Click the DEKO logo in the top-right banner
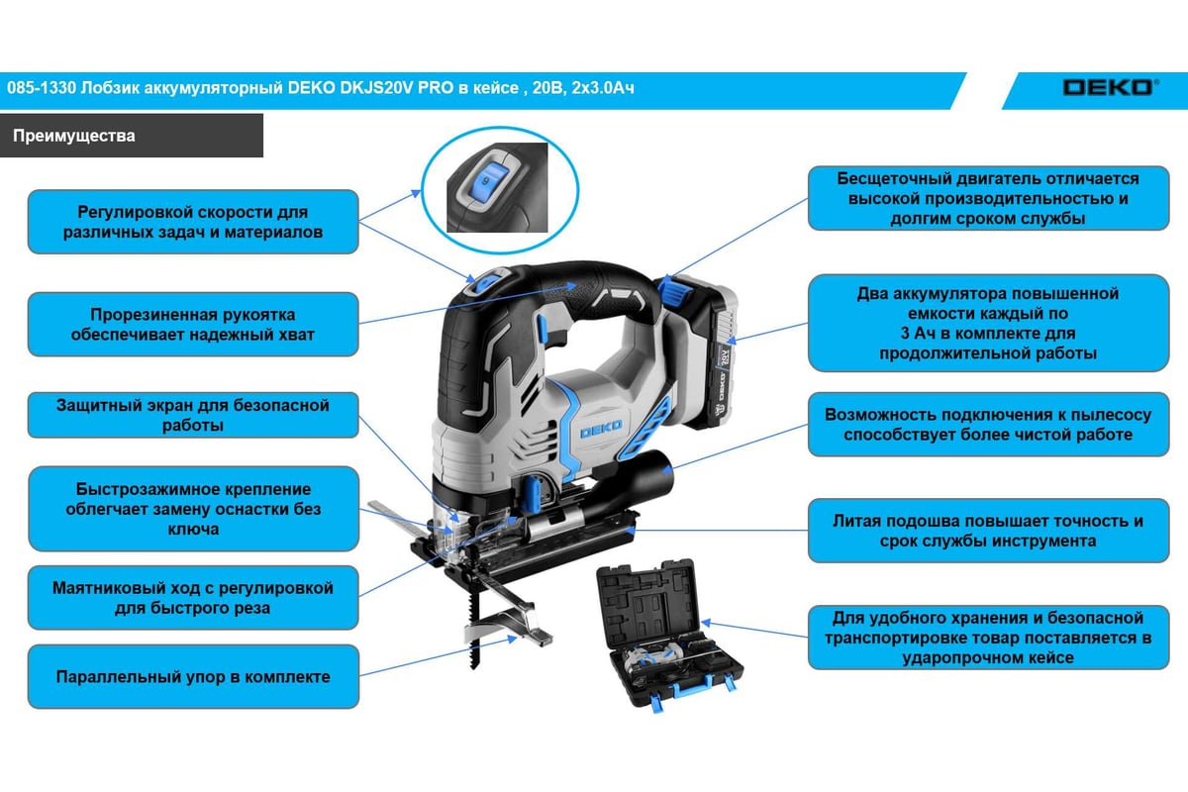(1110, 87)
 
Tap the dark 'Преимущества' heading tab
(132, 136)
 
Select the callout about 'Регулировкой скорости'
(193, 222)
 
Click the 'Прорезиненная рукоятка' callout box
(193, 324)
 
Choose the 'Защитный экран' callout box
(193, 415)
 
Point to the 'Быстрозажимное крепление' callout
(193, 509)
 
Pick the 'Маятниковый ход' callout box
(193, 597)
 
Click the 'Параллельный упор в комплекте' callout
(193, 676)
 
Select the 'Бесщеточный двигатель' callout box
(989, 198)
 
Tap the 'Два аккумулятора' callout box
(989, 323)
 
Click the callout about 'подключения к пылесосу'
(989, 425)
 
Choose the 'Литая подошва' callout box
(989, 531)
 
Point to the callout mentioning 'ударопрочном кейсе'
(989, 638)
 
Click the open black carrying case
(669, 633)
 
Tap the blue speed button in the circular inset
(486, 181)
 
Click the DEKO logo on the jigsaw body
(601, 429)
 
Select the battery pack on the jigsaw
(700, 350)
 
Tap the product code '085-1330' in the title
(42, 87)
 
